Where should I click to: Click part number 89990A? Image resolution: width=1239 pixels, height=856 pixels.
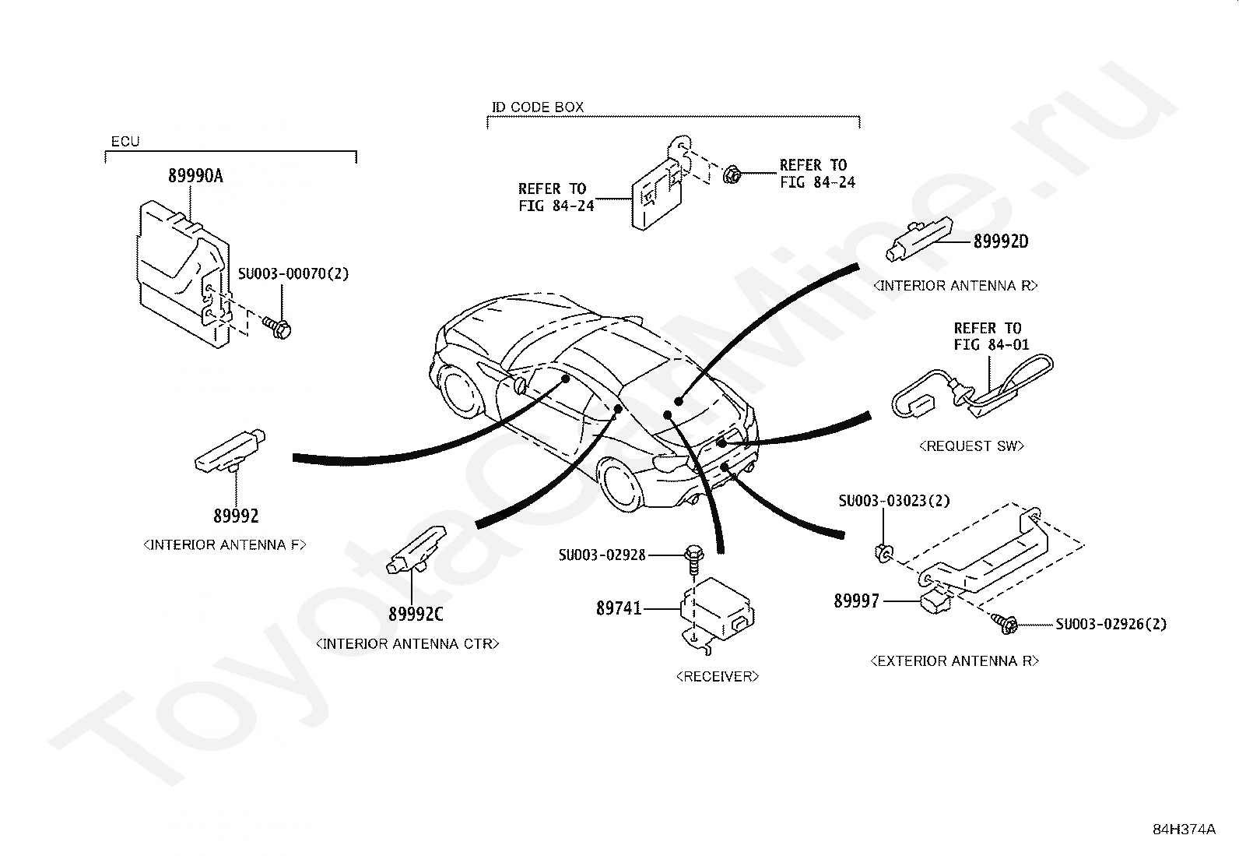tap(196, 176)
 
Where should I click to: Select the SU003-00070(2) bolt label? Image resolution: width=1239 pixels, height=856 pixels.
tap(293, 273)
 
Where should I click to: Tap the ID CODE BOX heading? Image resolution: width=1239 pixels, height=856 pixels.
tap(538, 107)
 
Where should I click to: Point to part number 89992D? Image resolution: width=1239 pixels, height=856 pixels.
tap(1001, 241)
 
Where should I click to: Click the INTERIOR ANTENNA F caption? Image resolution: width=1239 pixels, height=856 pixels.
tap(225, 544)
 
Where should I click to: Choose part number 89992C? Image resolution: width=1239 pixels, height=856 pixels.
tap(416, 614)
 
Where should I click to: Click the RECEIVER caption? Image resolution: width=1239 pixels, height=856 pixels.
tap(718, 676)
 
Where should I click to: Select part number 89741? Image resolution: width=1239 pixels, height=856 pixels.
tap(619, 608)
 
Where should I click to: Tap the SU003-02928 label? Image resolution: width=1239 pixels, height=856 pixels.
tap(602, 555)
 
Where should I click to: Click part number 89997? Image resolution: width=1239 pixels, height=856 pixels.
tap(856, 601)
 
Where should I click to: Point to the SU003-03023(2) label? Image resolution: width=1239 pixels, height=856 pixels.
tap(894, 501)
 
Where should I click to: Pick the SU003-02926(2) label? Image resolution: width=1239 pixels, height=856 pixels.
tap(1111, 624)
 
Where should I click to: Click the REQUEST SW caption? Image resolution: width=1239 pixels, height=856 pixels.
tap(971, 446)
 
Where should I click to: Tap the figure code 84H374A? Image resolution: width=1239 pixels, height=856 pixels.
tap(1185, 829)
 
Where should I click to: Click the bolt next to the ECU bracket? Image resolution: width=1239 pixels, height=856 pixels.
tap(277, 328)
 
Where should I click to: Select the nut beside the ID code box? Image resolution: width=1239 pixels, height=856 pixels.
tap(732, 174)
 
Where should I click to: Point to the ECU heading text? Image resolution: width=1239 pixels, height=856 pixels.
tap(125, 141)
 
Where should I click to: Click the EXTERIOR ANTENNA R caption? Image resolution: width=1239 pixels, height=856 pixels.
tap(955, 660)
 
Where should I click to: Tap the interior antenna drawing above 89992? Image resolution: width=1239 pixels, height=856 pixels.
tap(230, 451)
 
